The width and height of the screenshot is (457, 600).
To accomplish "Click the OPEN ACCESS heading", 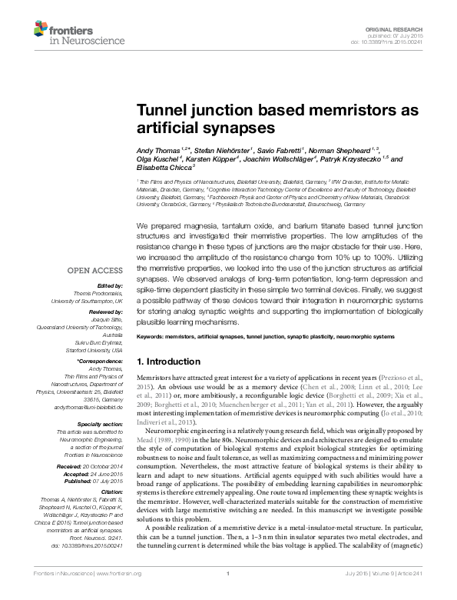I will tap(94, 271).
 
